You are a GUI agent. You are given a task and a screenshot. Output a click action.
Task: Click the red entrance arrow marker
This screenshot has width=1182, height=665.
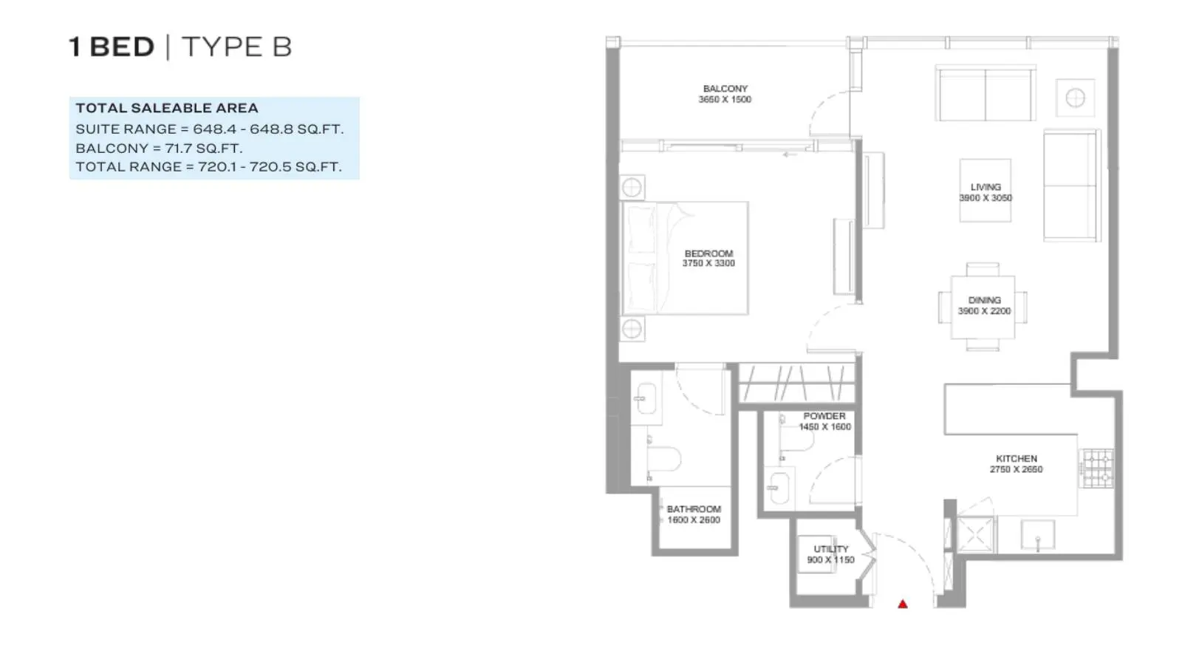coord(902,604)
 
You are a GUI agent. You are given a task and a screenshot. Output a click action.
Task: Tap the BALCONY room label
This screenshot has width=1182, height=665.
coord(725,89)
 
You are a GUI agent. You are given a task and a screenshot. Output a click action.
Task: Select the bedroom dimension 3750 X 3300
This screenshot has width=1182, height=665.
coord(708,263)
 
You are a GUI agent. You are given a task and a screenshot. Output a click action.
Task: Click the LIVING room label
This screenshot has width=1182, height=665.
coord(985,187)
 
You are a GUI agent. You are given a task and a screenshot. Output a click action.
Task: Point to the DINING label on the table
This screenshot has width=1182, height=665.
coord(984,300)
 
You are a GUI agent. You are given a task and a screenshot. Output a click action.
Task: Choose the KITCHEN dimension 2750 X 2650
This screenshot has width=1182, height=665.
coord(1016,469)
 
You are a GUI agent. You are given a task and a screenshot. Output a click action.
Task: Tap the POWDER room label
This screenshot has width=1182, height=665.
coord(824,416)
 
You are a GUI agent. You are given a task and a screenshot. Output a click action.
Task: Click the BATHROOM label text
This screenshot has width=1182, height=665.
coord(694,509)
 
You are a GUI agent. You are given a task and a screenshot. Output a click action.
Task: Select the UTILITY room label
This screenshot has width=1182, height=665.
coord(831,549)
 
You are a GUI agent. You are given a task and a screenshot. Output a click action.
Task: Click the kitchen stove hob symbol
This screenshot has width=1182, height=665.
coord(1098,468)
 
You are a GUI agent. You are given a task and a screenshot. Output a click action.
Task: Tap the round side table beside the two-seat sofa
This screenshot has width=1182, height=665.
coord(1075,98)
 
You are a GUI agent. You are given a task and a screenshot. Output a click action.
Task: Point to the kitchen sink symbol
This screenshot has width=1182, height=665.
coord(1037,535)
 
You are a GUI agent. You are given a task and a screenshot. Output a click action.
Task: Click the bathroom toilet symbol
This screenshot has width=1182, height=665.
coord(663,458)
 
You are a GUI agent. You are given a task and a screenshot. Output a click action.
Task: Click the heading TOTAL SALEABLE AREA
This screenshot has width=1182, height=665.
coord(167,108)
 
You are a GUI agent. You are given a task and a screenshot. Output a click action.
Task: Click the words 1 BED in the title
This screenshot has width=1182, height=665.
coord(112,47)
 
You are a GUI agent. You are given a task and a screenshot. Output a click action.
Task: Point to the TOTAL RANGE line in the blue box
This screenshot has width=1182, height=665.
coord(208,167)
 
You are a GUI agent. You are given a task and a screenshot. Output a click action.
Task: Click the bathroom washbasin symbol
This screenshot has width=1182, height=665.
coord(646,398)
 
